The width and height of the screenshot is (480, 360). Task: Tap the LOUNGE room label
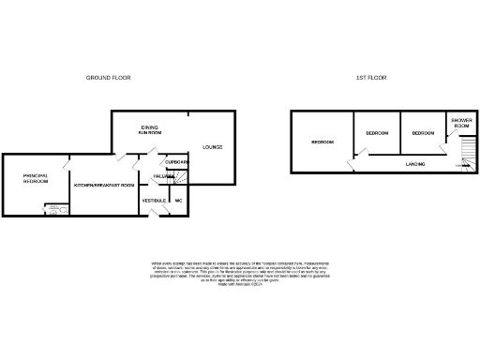pos(212,147)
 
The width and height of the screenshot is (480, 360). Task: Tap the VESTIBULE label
pos(154,201)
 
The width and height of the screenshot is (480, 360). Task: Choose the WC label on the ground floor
pos(177,201)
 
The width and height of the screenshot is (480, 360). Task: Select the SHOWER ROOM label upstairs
pos(460,124)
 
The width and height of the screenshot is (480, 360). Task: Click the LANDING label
pos(415,164)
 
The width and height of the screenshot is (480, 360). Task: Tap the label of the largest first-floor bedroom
pos(322,142)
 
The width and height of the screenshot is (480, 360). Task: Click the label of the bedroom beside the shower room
pos(423,133)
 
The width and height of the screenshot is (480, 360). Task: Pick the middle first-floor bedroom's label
pos(377,133)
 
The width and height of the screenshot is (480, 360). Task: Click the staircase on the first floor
pos(464,154)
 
